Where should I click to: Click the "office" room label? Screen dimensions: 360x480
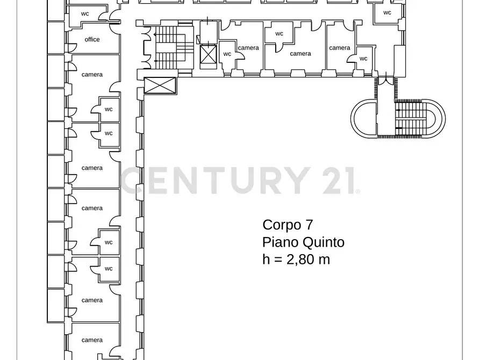(92, 39)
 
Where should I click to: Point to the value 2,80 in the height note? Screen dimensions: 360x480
(301, 259)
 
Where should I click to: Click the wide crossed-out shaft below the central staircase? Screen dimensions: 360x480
(160, 85)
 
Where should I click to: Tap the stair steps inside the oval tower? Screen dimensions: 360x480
(413, 117)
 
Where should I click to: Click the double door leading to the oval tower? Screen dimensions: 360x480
(385, 81)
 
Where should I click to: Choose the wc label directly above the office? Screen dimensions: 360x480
(85, 13)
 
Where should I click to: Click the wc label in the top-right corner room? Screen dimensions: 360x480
(387, 12)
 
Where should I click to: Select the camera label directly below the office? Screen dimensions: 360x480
(92, 75)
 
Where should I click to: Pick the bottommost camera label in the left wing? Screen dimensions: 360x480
(92, 340)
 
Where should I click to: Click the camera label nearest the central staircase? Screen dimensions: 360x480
(248, 48)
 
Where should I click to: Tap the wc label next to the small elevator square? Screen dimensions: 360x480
(227, 54)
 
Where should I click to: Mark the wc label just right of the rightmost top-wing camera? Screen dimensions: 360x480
(363, 59)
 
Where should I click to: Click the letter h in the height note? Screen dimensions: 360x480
(266, 259)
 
